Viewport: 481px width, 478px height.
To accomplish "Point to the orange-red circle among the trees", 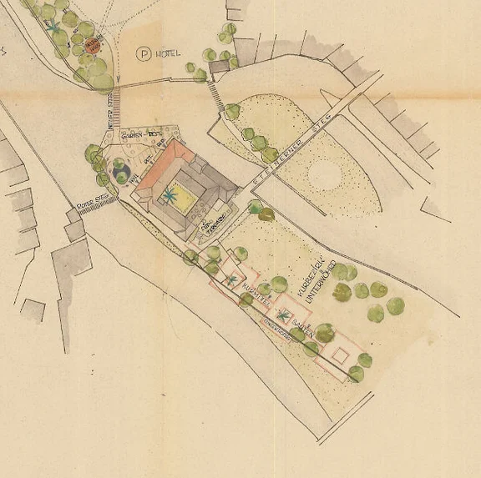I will coord(94,44).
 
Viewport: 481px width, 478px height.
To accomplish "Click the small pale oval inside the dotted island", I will coord(326,174).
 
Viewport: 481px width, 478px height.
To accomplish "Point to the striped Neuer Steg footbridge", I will coord(116,104).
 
